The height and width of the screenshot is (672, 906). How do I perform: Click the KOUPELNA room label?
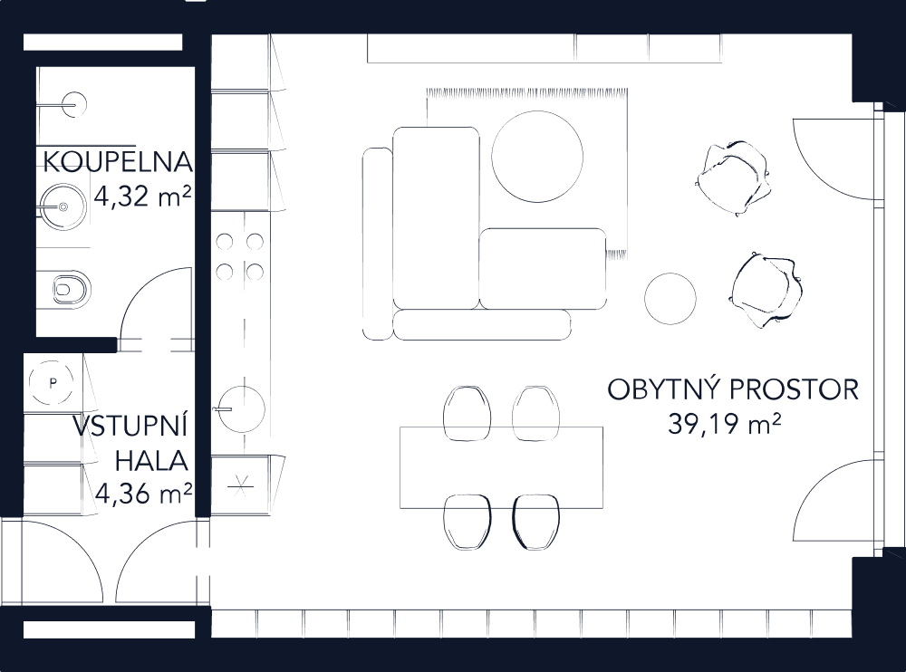click(118, 163)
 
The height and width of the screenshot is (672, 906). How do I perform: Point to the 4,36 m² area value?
click(142, 494)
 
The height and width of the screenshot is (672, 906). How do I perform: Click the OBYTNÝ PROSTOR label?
click(732, 390)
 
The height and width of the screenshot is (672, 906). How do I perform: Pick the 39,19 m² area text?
click(725, 423)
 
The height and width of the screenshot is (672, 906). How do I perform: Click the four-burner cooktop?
click(240, 256)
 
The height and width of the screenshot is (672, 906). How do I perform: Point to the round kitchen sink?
click(241, 408)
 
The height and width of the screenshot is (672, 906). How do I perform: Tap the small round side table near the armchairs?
click(670, 297)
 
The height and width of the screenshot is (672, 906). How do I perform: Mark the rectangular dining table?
click(501, 467)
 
